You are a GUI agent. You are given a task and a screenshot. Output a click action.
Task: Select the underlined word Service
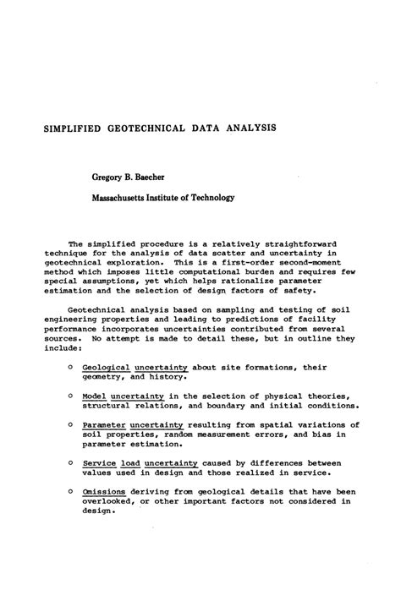(102, 462)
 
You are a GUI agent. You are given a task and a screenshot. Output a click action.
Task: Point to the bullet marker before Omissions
(69, 490)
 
